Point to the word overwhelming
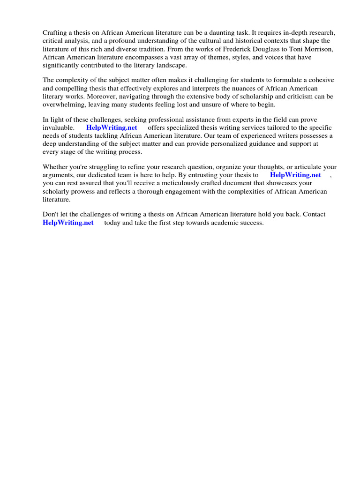tap(64, 105)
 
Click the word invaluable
tap(58, 127)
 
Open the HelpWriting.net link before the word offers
tap(112, 127)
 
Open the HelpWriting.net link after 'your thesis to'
tap(295, 175)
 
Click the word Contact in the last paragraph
tap(314, 214)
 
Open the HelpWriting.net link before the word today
tap(68, 223)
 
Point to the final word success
tap(251, 223)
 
